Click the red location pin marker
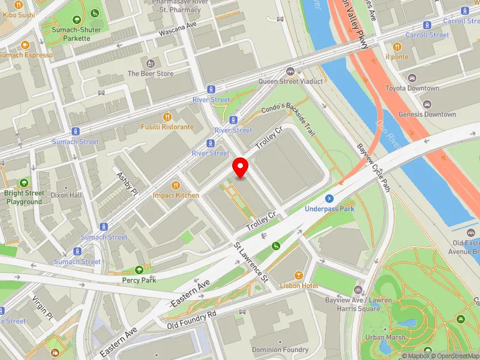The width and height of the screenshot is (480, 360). tap(241, 167)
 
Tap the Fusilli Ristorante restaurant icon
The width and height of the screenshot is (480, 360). tap(167, 117)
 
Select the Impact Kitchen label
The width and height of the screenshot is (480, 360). tap(176, 196)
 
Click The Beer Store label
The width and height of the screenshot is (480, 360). tap(150, 74)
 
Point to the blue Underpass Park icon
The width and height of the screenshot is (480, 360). tap(329, 199)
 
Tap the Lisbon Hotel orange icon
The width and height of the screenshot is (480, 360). tap(298, 275)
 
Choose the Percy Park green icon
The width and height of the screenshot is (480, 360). tap(140, 270)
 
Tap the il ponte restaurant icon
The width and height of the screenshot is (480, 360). tap(397, 47)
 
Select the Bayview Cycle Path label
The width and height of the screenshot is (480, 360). tap(373, 166)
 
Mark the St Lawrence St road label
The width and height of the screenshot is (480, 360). tap(251, 262)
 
